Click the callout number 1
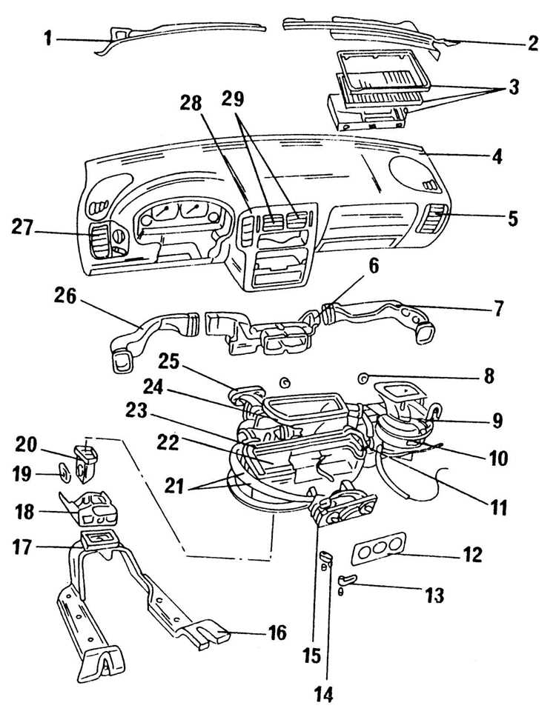click(49, 38)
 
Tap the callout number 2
click(533, 42)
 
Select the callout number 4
click(497, 156)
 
